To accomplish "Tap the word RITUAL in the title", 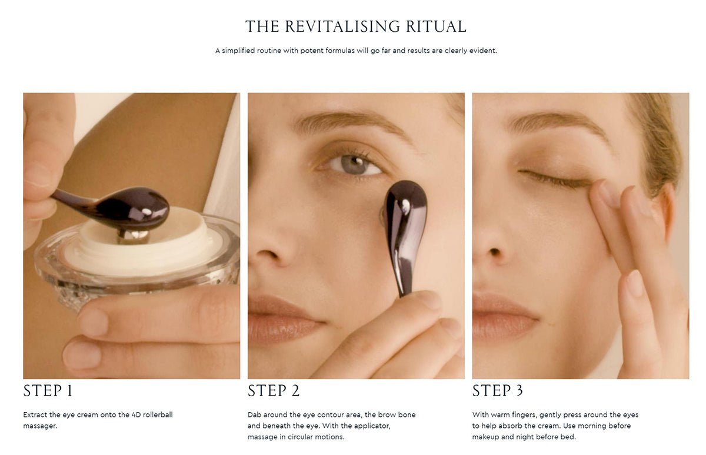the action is click(x=436, y=26).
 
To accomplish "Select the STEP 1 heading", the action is click(x=48, y=391).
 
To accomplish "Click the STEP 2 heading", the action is click(x=274, y=391).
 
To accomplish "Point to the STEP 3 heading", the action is click(x=498, y=391).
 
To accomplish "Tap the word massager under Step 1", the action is click(x=40, y=426).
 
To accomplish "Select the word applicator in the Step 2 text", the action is click(x=372, y=426).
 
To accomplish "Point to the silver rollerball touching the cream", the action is click(x=133, y=236).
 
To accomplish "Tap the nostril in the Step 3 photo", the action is click(x=495, y=252).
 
